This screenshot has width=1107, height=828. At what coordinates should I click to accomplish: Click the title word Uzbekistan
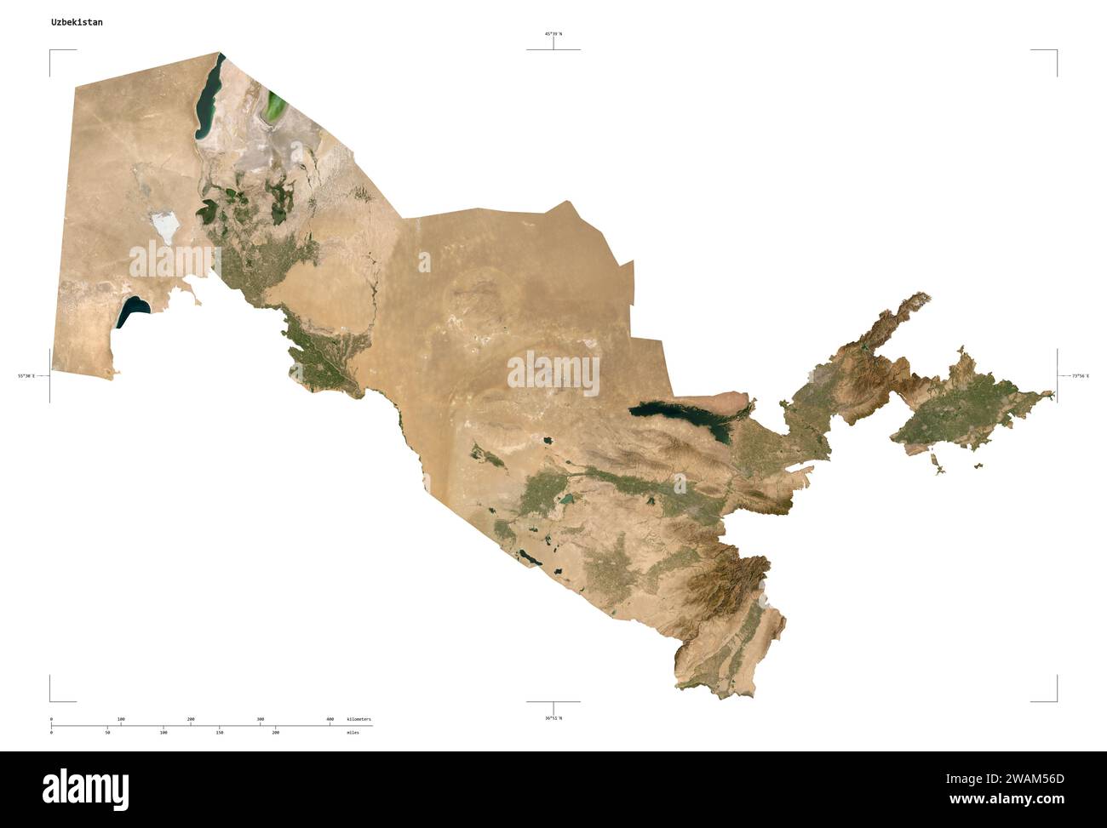(77, 22)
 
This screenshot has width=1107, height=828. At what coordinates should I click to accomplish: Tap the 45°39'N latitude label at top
(553, 34)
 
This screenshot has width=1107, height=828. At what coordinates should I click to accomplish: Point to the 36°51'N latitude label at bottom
(553, 718)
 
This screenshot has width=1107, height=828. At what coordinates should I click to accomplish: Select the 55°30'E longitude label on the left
(26, 375)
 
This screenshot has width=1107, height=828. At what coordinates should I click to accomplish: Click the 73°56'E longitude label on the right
(1080, 375)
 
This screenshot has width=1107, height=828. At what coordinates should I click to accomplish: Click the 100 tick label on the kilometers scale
(121, 719)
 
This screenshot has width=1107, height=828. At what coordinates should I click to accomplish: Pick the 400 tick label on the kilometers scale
(330, 719)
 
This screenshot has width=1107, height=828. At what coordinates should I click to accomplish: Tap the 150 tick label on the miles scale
(219, 732)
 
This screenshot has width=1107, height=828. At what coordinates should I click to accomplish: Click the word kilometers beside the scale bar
(358, 719)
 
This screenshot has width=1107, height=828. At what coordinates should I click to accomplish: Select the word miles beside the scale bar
(353, 732)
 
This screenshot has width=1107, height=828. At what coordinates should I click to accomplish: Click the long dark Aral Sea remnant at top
(207, 98)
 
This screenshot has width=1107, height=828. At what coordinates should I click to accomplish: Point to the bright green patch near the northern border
(276, 106)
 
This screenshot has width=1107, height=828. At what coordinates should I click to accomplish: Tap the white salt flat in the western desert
(163, 227)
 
